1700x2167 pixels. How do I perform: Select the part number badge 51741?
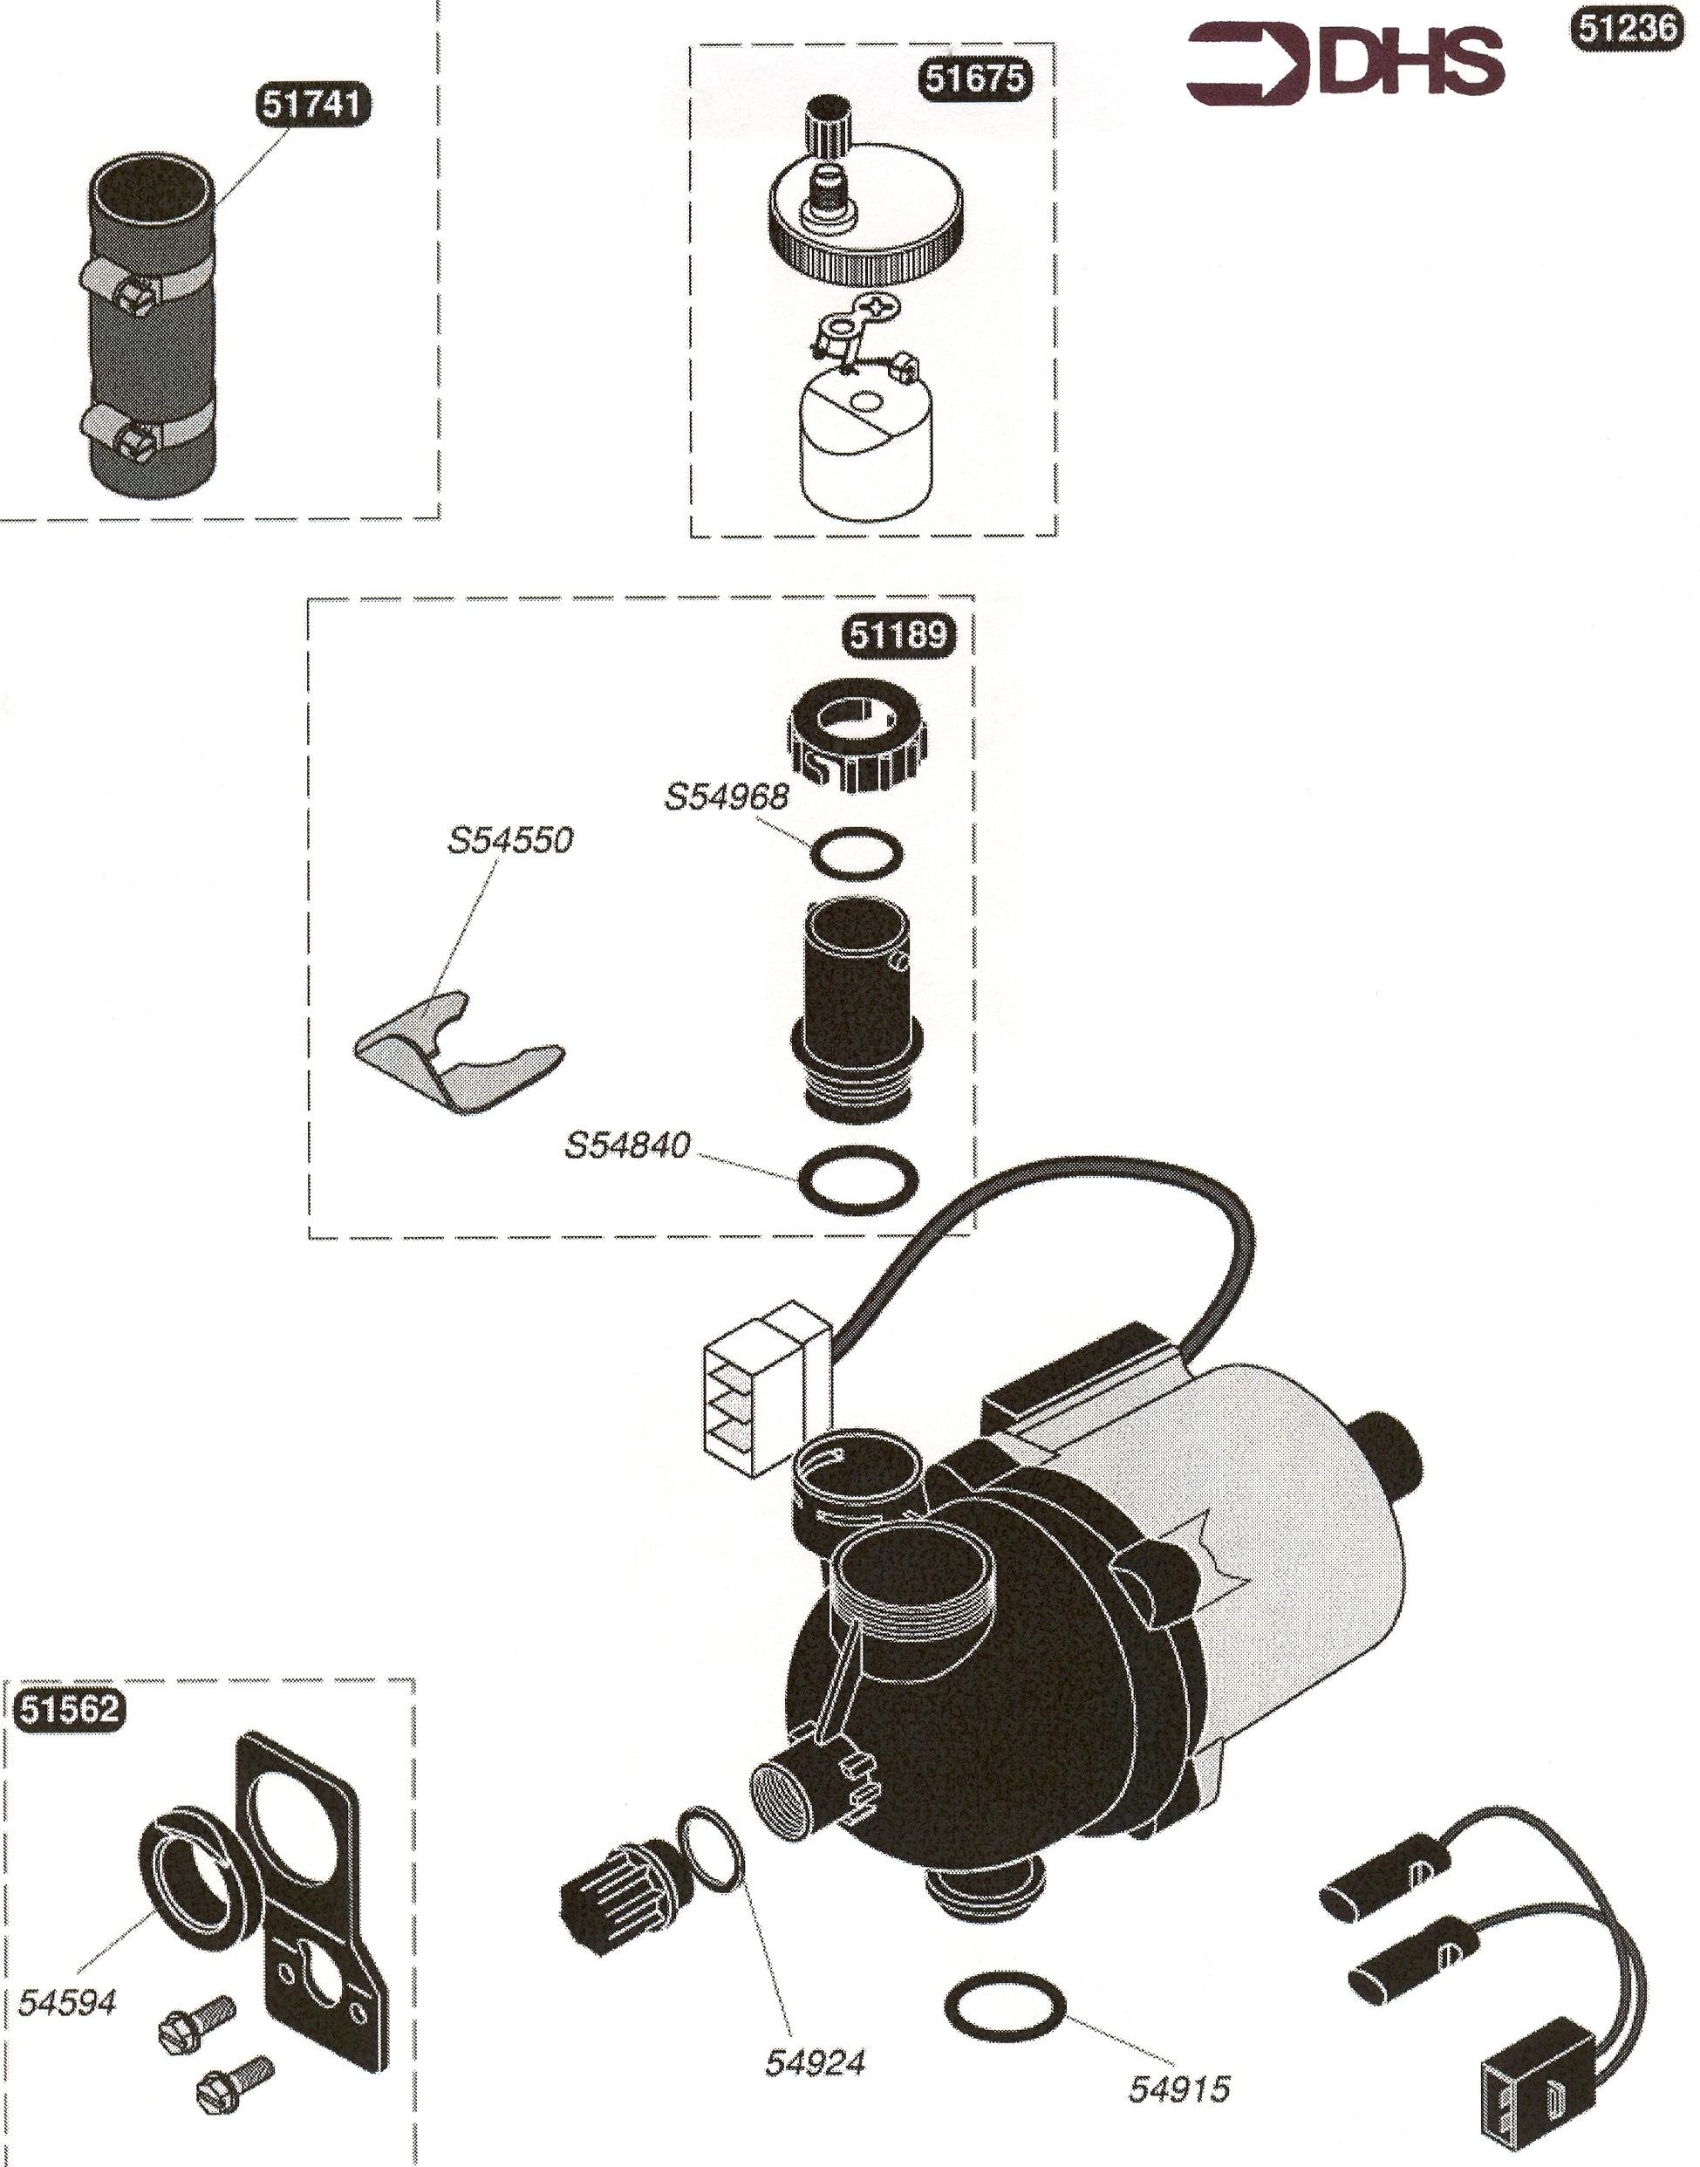pyautogui.click(x=315, y=106)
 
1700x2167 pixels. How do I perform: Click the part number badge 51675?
pyautogui.click(x=974, y=78)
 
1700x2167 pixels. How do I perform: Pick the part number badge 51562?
pyautogui.click(x=70, y=1710)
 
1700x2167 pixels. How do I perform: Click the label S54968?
pyautogui.click(x=727, y=796)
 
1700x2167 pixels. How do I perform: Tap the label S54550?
pyautogui.click(x=510, y=840)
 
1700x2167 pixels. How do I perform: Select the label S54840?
pyautogui.click(x=627, y=1145)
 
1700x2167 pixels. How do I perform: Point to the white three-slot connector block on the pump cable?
pyautogui.click(x=767, y=1389)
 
